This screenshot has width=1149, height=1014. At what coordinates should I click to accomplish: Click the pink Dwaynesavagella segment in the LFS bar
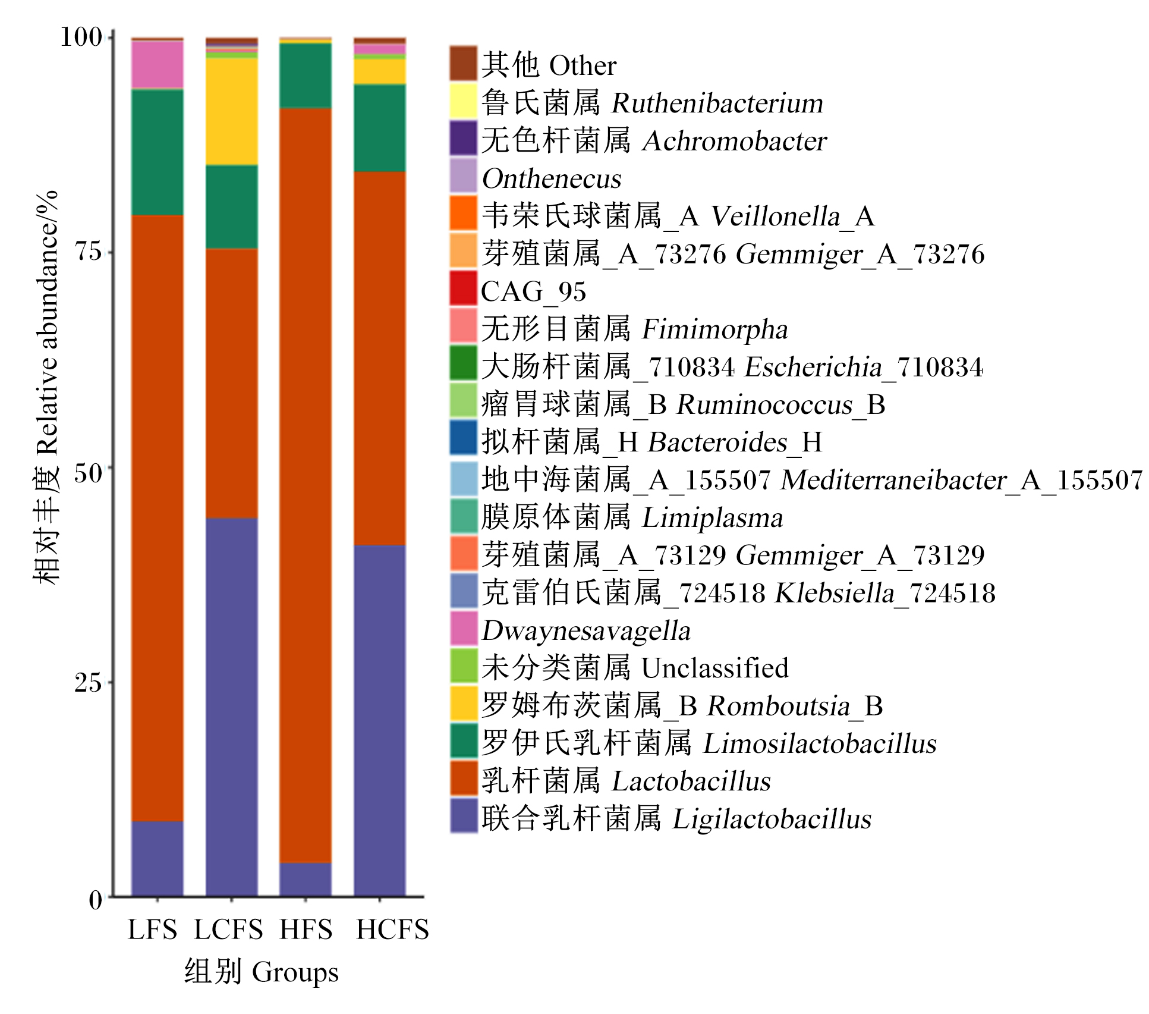click(x=158, y=65)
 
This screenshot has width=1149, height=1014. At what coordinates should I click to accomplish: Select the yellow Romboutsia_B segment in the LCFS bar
click(x=232, y=111)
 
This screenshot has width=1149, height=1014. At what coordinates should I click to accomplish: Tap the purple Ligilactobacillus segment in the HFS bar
click(x=306, y=879)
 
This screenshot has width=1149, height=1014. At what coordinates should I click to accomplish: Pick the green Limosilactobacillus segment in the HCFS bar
click(x=380, y=128)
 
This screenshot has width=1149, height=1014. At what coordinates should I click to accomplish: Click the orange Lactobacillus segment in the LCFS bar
click(x=232, y=384)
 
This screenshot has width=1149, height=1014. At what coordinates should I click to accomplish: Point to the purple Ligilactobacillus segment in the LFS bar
click(x=158, y=858)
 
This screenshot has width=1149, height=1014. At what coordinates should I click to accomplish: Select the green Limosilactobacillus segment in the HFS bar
click(x=306, y=76)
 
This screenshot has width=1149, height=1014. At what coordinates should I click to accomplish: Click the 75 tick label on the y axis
click(x=88, y=252)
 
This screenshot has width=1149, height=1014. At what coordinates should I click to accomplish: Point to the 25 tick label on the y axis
click(x=88, y=682)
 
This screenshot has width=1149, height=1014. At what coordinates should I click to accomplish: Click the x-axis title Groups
click(x=295, y=972)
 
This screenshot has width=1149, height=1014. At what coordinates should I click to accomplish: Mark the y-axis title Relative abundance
click(x=47, y=324)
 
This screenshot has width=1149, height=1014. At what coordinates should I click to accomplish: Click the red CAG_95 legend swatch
click(x=464, y=288)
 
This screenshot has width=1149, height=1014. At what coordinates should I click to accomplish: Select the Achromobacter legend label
click(x=735, y=141)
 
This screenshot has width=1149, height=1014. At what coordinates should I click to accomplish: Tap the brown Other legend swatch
click(x=464, y=63)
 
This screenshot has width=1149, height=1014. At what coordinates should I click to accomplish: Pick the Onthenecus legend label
click(x=552, y=178)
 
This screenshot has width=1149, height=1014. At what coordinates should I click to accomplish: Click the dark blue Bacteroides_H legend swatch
click(x=464, y=438)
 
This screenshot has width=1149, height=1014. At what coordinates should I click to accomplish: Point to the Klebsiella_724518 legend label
click(x=885, y=593)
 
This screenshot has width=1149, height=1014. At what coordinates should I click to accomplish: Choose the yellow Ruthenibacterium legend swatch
click(x=464, y=101)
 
